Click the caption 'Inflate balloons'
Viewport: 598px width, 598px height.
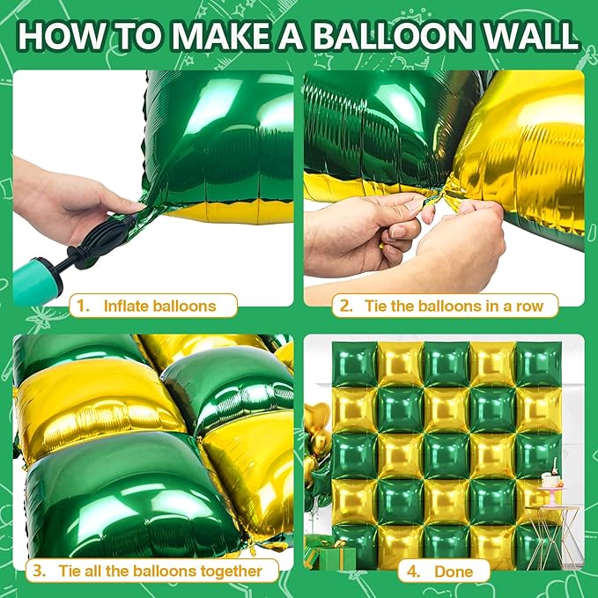pos(159,306)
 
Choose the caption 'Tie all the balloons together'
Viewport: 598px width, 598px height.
pos(159,571)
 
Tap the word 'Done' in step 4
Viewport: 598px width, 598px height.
pos(453,571)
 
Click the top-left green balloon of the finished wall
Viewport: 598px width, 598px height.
pos(353,364)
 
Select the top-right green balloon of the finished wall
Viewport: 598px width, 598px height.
pos(537,364)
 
